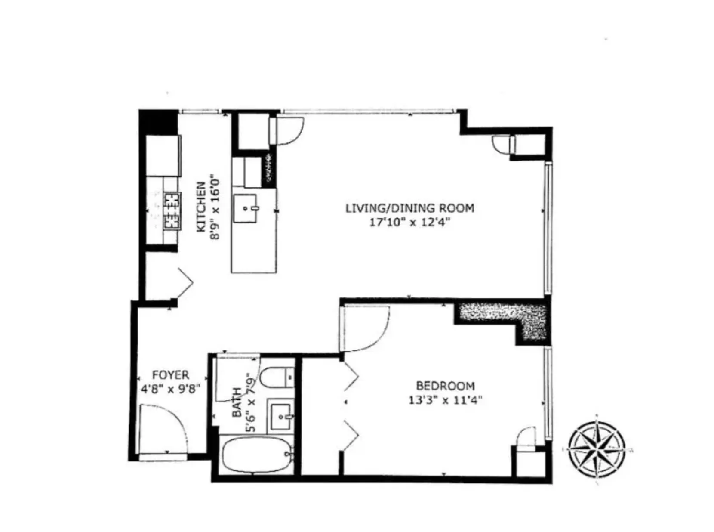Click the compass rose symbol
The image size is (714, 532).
coord(597,448)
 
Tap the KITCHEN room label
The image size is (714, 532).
coord(201,207)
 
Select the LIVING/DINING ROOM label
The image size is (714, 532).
coord(409,208)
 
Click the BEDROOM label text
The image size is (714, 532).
coord(445,386)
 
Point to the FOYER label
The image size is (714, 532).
coord(171,375)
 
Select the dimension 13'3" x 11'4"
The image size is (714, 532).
coord(445,400)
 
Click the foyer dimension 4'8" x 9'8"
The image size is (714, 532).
coord(171,389)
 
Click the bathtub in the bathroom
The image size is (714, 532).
coord(257,454)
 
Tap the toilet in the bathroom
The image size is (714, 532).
coord(278,377)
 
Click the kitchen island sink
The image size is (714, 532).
coord(245,208)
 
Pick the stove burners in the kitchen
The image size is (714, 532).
coord(172,210)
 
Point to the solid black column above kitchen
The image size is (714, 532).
coord(158,122)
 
